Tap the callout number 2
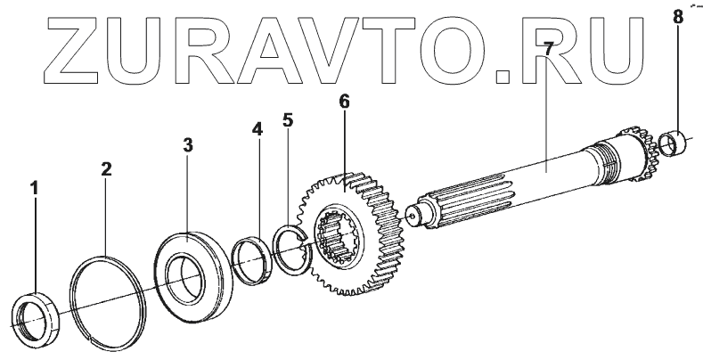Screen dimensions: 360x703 (x=106, y=168)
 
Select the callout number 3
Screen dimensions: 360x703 (x=187, y=144)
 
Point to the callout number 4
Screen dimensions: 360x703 (x=257, y=129)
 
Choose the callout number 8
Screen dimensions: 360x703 (x=679, y=15)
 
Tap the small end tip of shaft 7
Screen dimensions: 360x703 (x=412, y=213)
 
